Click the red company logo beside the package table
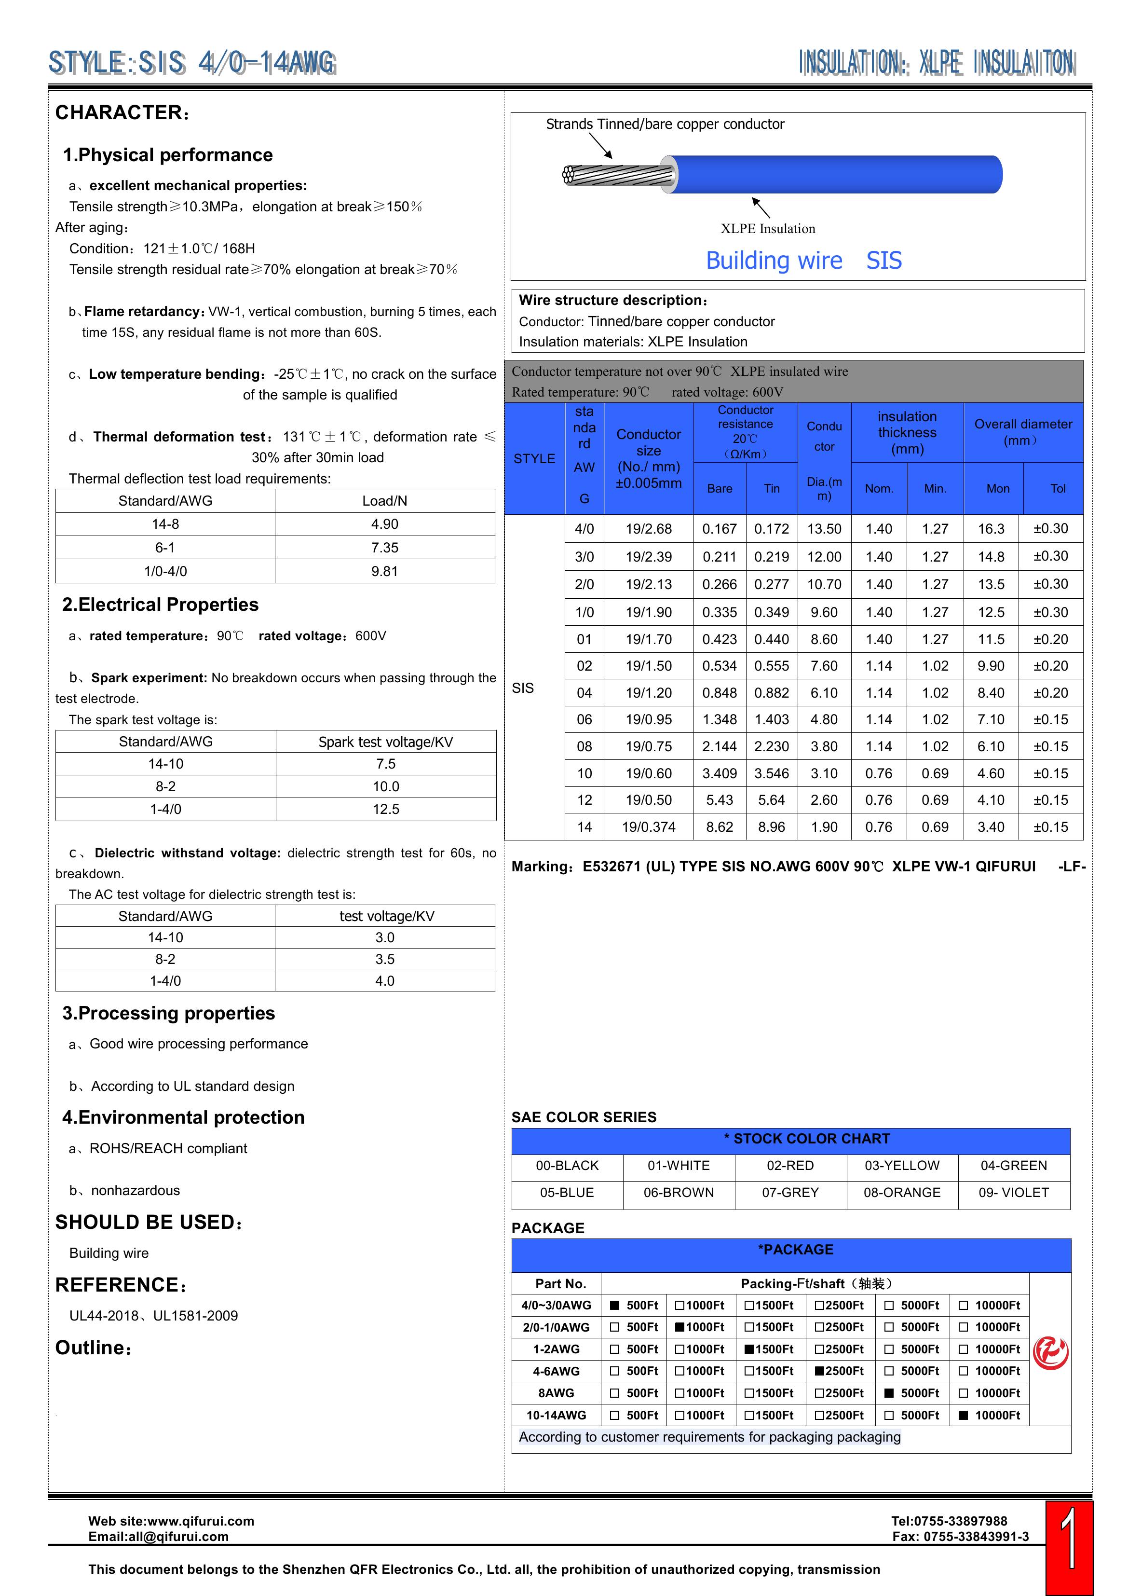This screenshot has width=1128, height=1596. tap(1050, 1353)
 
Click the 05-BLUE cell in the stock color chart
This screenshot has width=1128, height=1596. tap(567, 1192)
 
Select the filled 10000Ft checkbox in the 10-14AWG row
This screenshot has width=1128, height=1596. tap(963, 1415)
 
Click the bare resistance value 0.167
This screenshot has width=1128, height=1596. tap(720, 528)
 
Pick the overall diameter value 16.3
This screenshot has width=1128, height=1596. tap(991, 528)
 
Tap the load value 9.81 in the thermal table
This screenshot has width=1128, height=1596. tap(384, 571)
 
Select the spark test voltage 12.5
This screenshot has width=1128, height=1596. tap(386, 809)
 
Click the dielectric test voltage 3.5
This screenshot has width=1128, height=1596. tap(385, 959)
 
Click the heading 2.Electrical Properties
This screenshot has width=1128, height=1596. tap(161, 605)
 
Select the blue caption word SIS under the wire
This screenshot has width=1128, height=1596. tap(884, 260)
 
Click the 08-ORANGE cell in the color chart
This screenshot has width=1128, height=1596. tap(902, 1192)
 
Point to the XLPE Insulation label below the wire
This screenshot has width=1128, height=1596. tap(768, 228)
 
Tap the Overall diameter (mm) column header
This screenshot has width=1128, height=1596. tap(1023, 432)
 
